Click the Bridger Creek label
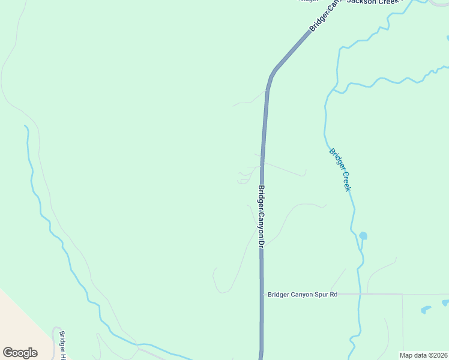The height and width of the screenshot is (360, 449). point(339,169)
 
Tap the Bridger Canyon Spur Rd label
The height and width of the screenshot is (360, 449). point(303,295)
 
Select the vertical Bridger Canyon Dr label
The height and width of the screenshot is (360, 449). point(261,216)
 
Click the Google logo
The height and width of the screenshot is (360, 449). point(20,353)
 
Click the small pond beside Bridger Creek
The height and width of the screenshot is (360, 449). point(363,236)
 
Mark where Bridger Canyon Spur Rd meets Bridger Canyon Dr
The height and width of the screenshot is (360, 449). point(262,295)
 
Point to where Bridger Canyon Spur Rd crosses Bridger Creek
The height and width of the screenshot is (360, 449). point(359,295)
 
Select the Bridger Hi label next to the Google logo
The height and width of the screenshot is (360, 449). point(62,347)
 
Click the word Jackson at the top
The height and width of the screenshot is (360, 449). point(360,2)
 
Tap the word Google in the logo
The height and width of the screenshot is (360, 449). point(20,353)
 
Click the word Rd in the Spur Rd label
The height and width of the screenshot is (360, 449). point(334,295)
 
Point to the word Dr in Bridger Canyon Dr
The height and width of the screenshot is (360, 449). point(261,242)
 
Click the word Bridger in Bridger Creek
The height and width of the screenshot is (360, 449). point(335,158)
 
